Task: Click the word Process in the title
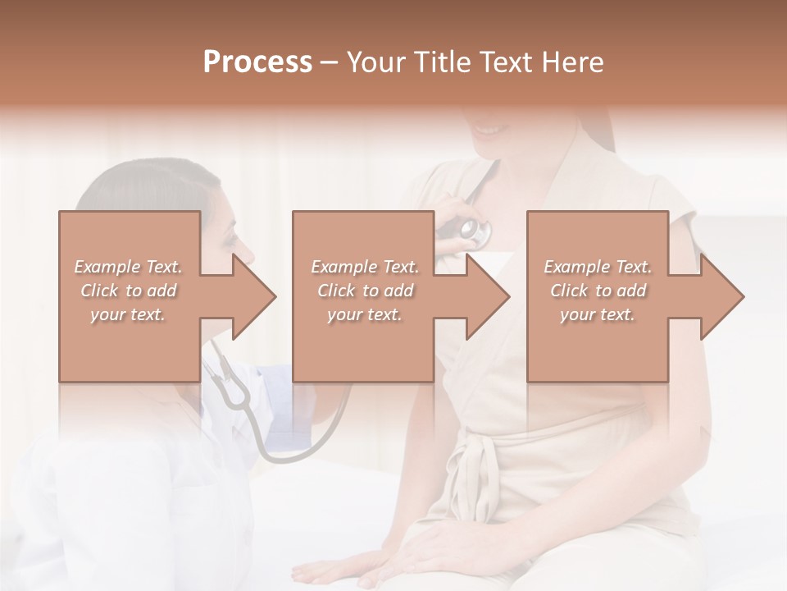[x=257, y=62]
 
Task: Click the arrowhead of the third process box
[x=721, y=296]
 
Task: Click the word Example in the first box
[x=107, y=267]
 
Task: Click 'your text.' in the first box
[x=128, y=314]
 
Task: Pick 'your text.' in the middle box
[x=364, y=314]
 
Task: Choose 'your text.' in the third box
[x=598, y=314]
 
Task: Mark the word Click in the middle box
[x=334, y=291]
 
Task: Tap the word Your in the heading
[x=377, y=62]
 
